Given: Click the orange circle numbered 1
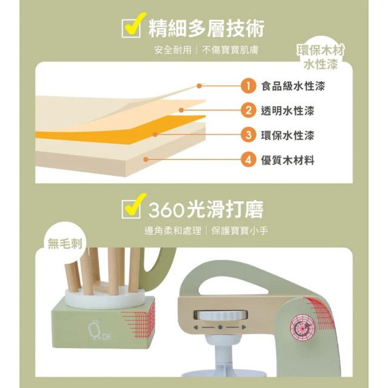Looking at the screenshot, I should [247, 86].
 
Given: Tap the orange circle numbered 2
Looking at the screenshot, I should [247, 110].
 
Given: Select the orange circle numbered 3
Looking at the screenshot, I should [247, 135].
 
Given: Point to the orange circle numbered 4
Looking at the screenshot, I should [247, 160].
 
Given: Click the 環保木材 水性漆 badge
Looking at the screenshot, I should [321, 57].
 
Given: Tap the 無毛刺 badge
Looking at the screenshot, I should [67, 243].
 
